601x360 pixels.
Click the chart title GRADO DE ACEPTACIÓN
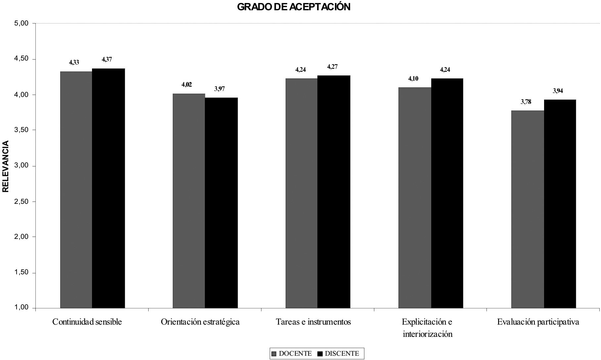294,7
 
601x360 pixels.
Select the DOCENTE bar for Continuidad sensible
76,190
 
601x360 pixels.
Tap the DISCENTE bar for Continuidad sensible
108,189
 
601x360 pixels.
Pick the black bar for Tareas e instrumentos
334,192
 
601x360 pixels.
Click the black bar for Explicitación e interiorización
447,194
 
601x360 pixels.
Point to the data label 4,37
107,60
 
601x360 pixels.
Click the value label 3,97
219,89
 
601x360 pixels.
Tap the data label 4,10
413,78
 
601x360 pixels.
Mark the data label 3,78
526,102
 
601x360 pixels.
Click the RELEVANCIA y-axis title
6,166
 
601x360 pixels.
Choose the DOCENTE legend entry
291,353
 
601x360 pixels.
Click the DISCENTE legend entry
338,353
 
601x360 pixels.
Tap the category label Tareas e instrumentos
313,322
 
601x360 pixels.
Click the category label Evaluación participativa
538,322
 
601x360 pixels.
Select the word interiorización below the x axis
427,334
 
